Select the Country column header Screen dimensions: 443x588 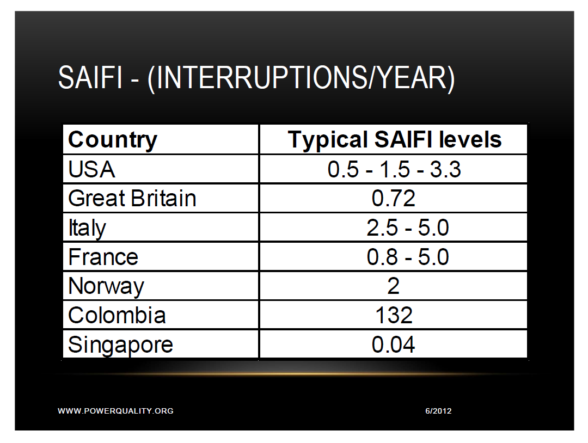coord(113,140)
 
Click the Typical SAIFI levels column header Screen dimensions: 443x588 coord(394,140)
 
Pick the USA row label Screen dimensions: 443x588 coord(91,170)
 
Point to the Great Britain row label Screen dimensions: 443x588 coord(132,199)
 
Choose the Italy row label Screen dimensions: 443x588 coord(87,228)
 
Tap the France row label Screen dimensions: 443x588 coord(103,257)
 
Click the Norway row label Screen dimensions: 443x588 coord(106,286)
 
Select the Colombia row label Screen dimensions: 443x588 coord(117,316)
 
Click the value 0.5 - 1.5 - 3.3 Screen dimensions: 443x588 coord(394,170)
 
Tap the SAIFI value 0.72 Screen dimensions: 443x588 coord(394,199)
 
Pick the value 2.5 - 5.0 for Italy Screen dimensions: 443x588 coord(408,228)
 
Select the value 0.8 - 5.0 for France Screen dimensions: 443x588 coord(408,257)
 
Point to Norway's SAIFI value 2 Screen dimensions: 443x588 coord(394,286)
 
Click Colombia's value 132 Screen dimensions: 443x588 coord(394,316)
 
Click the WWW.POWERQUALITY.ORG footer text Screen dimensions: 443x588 coord(115,411)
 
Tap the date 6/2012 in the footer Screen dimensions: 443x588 coord(438,411)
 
